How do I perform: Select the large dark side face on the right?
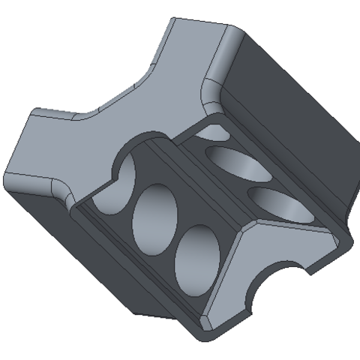click(x=292, y=112)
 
